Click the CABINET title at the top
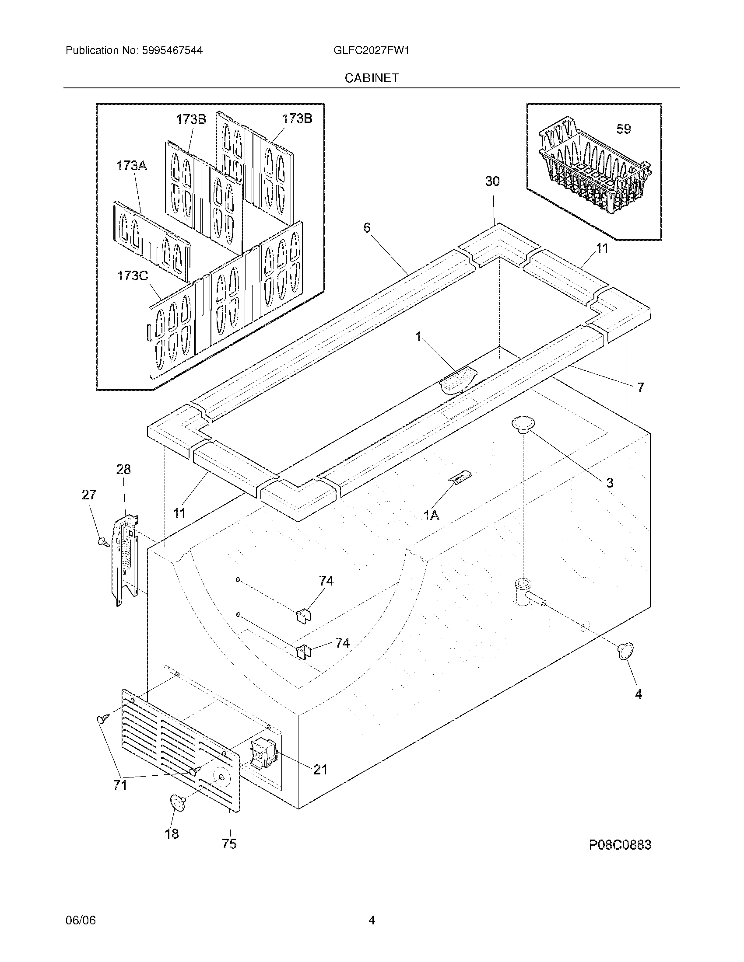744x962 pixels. tap(372, 78)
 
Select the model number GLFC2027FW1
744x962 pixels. tap(372, 50)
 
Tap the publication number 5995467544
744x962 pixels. tap(172, 50)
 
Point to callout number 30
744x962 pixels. tap(492, 181)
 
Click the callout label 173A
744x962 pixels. tap(131, 166)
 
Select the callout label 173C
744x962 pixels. tap(132, 276)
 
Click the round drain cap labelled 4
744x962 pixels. tap(625, 663)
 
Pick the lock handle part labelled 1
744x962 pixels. tap(458, 380)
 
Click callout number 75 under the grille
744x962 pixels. tap(229, 843)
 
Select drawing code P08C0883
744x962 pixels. tap(620, 845)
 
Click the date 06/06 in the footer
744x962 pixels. tap(80, 920)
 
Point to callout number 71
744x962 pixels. tap(120, 785)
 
